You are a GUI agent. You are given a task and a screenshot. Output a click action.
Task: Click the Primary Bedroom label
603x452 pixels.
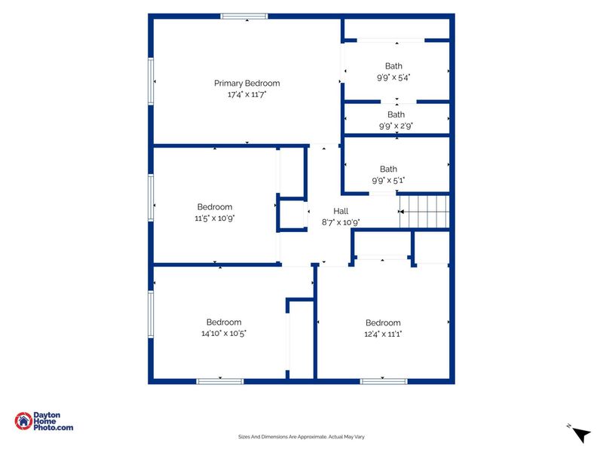[x=247, y=83]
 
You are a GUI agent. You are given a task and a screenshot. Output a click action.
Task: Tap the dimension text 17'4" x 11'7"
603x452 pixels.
[x=247, y=94]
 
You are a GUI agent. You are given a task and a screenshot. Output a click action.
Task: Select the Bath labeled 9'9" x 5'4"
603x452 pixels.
[x=393, y=66]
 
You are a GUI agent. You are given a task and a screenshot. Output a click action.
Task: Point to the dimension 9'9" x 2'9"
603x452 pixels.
[x=396, y=126]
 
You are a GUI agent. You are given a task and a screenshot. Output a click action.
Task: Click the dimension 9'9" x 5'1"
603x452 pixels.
[x=388, y=180]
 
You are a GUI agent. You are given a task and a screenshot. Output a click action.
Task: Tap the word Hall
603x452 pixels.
[x=341, y=211]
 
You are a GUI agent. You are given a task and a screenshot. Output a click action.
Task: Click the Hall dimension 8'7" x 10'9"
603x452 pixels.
[x=341, y=222]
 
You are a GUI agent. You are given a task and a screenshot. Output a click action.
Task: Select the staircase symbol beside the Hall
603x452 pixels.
[x=424, y=212]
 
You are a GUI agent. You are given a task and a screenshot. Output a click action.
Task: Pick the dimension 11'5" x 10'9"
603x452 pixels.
[x=215, y=218]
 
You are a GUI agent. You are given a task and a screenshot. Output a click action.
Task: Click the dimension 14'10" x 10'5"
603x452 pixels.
[x=224, y=333]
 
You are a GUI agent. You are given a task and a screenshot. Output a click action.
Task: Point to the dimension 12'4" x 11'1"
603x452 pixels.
[x=383, y=334]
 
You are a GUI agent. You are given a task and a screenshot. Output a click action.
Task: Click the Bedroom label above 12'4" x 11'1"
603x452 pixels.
[x=383, y=323]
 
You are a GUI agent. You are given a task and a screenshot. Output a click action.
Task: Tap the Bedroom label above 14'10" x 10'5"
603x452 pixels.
[x=224, y=322]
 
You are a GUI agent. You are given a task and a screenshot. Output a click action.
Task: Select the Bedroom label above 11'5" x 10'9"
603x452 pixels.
[x=215, y=206]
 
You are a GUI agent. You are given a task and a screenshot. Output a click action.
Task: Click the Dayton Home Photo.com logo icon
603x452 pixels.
[x=23, y=421]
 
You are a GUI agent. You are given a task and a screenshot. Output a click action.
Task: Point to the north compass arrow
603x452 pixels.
[x=581, y=435]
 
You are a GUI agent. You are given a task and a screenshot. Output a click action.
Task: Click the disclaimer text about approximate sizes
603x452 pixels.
[x=301, y=437]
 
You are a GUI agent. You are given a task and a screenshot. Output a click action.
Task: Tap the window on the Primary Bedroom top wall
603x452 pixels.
[x=244, y=16]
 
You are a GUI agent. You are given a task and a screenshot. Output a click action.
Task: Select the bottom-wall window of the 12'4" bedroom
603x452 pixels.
[x=384, y=381]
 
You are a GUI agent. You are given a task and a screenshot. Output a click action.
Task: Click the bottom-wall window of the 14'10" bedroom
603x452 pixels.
[x=220, y=381]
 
